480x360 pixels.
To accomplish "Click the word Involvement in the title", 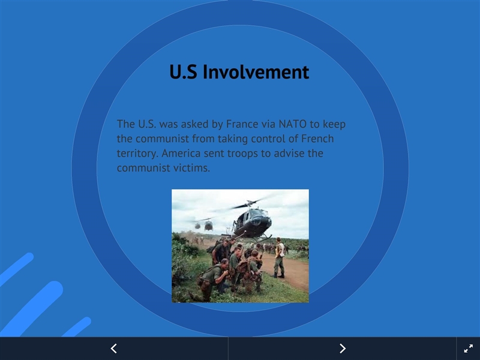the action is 256,72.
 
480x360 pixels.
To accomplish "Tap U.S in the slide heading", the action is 183,72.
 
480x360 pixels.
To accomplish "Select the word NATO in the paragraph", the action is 292,124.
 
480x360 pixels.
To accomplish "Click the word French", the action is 317,139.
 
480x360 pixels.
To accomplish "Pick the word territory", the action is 137,154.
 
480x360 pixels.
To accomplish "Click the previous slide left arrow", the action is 114,349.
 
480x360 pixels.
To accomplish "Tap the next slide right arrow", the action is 343,349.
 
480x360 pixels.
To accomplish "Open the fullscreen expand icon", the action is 469,349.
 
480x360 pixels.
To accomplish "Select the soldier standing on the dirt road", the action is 279,258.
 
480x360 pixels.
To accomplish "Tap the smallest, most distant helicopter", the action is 197,226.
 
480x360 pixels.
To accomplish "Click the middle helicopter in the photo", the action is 208,226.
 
